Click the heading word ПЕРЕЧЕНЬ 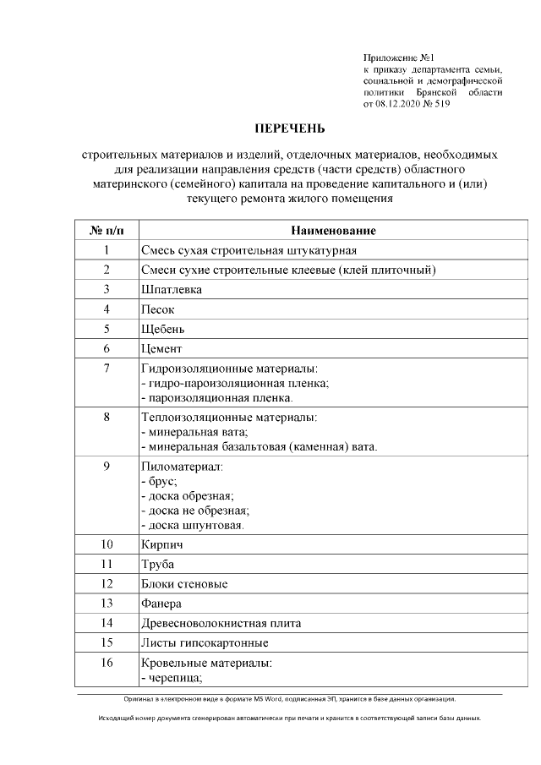(290, 129)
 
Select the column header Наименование (333, 230)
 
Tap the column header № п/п (106, 230)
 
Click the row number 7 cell (107, 369)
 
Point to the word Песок (158, 309)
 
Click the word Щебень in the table (163, 329)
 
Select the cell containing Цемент (161, 348)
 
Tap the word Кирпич (162, 545)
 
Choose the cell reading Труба (158, 565)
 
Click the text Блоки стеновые (184, 584)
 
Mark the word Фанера (161, 604)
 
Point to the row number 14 (107, 623)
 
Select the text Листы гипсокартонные (199, 643)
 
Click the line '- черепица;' (172, 676)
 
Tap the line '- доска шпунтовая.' (193, 525)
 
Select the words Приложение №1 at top (398, 56)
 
